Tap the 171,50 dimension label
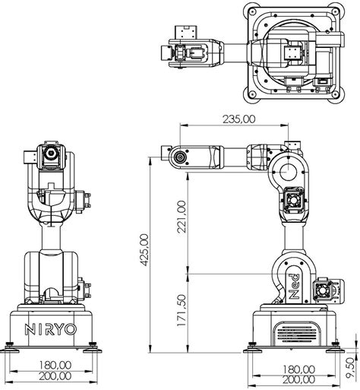coord(181,309)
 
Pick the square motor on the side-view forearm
coord(295,201)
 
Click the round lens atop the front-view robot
coord(52,154)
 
